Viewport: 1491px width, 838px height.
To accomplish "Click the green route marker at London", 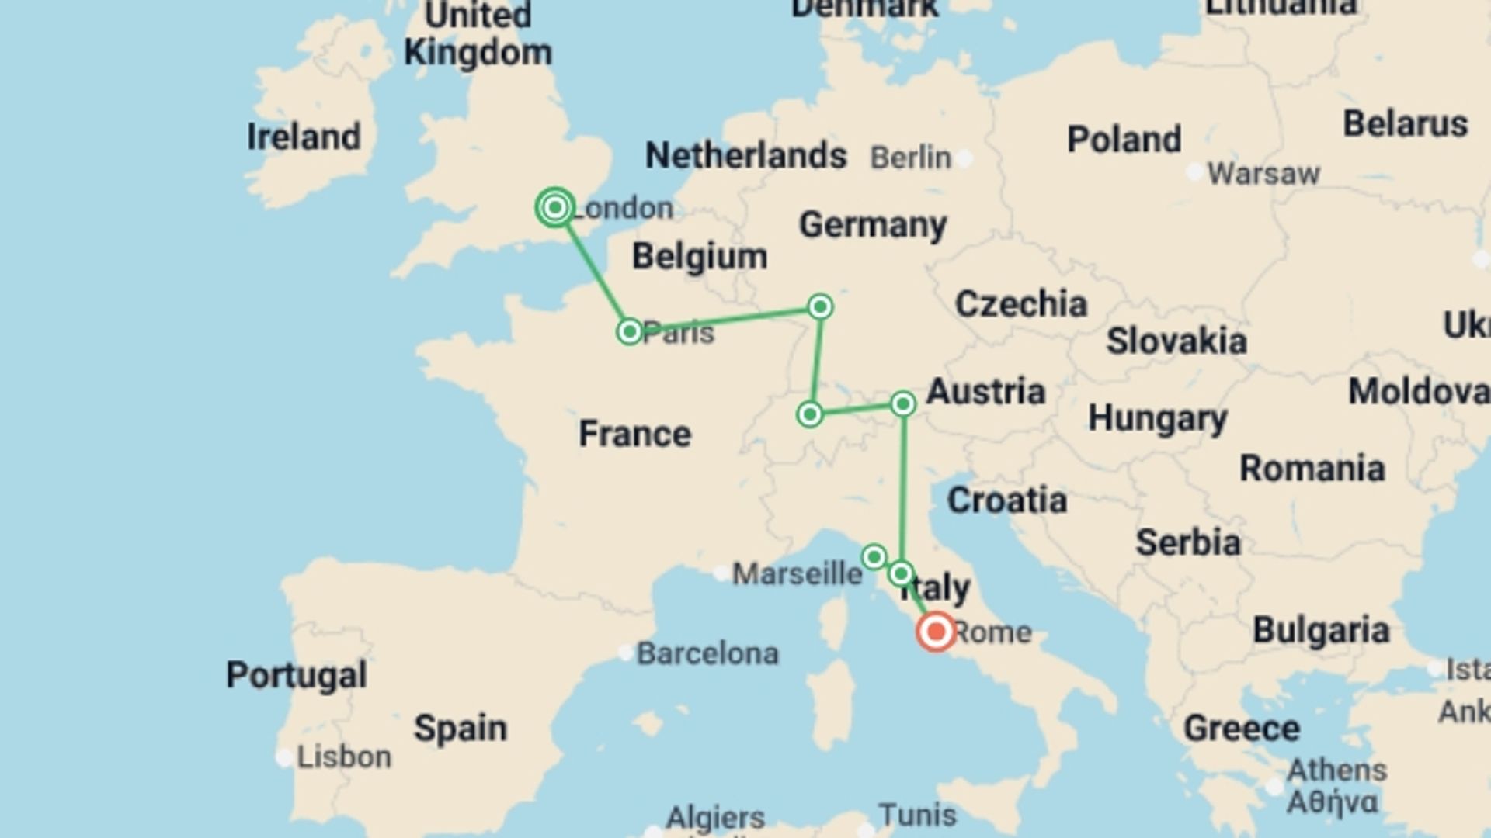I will point(554,207).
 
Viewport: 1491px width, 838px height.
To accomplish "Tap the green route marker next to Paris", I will point(629,331).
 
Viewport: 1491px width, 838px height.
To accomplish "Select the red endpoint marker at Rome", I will point(936,632).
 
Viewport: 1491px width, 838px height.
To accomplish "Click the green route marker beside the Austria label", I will point(902,403).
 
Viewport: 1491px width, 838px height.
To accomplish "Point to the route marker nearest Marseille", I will point(874,556).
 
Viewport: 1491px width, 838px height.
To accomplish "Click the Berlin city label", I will point(910,158).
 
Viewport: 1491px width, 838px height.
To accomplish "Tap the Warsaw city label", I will point(1263,173).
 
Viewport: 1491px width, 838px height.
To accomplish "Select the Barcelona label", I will point(707,653).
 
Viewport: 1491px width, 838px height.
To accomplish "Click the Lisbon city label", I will point(343,757).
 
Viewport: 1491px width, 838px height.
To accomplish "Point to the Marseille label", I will point(797,574).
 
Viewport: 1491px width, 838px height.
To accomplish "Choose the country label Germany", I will point(873,225).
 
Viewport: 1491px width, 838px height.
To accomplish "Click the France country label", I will point(634,433).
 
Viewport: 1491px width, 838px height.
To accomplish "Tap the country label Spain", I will point(460,728).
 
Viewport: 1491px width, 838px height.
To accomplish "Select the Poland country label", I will point(1124,140).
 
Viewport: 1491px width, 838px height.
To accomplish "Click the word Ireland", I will point(304,137).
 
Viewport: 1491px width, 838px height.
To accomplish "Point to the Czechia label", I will point(1020,303).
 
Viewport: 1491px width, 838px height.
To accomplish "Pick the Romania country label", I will point(1312,468).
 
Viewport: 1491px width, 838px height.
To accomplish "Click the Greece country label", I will point(1241,728).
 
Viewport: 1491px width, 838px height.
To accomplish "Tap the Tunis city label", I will point(917,815).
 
